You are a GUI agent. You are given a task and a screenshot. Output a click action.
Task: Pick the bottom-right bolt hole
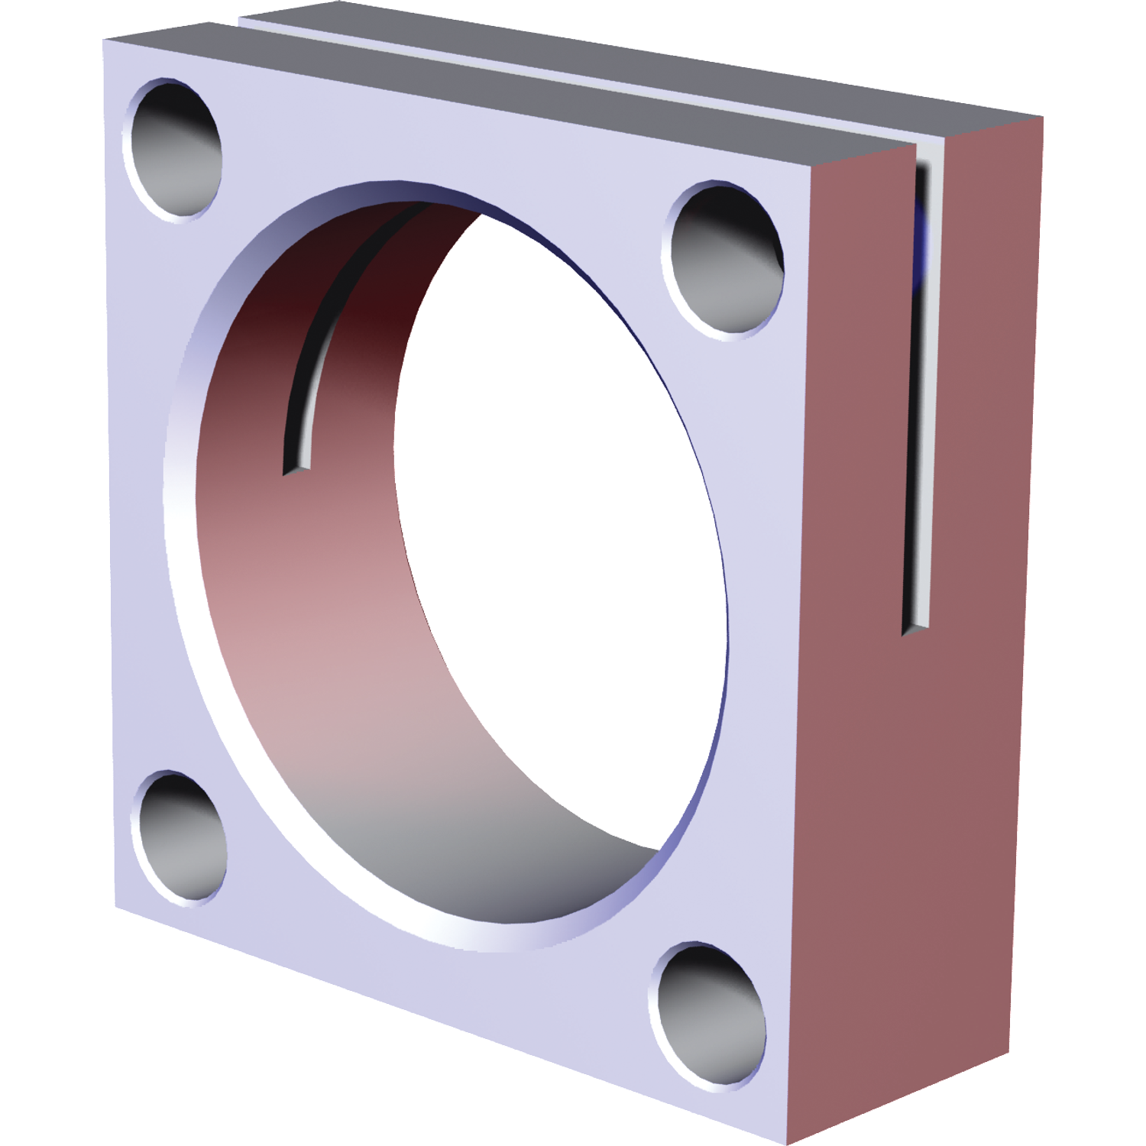point(711,1012)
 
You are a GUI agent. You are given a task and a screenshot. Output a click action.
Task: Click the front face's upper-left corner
point(104,42)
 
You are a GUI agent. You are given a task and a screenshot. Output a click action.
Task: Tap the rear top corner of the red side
point(1042,118)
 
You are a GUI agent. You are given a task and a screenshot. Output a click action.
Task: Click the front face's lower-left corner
point(116,907)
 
